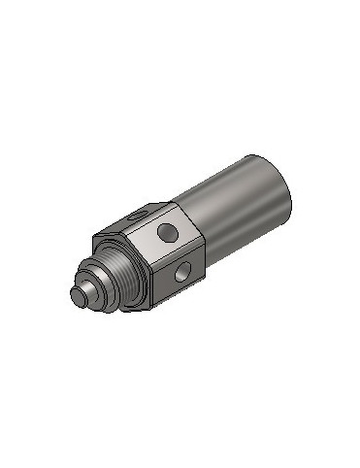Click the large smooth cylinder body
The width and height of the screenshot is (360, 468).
(243, 209)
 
